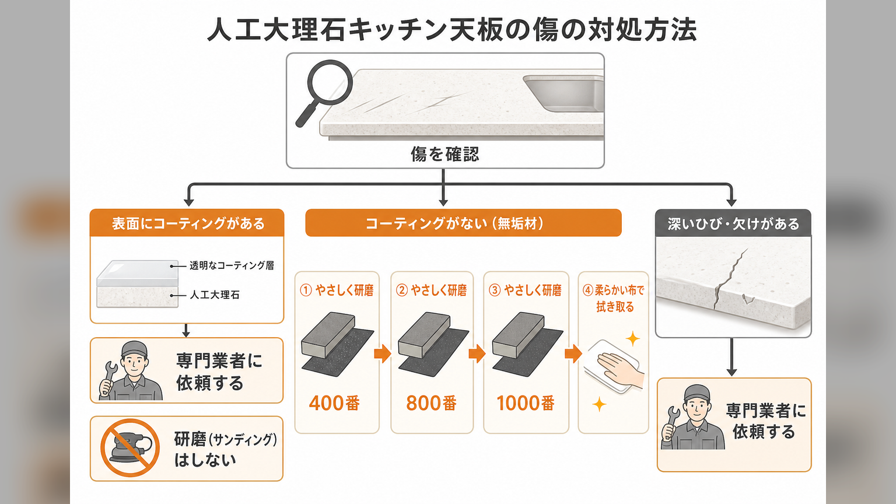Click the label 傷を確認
coord(445,154)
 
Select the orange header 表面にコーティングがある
coord(187,223)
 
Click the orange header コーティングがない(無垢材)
coord(463,223)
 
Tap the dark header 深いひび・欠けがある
coord(733,223)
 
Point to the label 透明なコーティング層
coord(232,265)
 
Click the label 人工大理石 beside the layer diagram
coord(215,295)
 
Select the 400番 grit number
coord(334,403)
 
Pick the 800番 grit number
coord(431,403)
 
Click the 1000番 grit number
coord(526,403)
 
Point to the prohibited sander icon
coord(130,448)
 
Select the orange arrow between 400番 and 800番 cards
coord(383,353)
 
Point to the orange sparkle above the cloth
coord(632,339)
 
